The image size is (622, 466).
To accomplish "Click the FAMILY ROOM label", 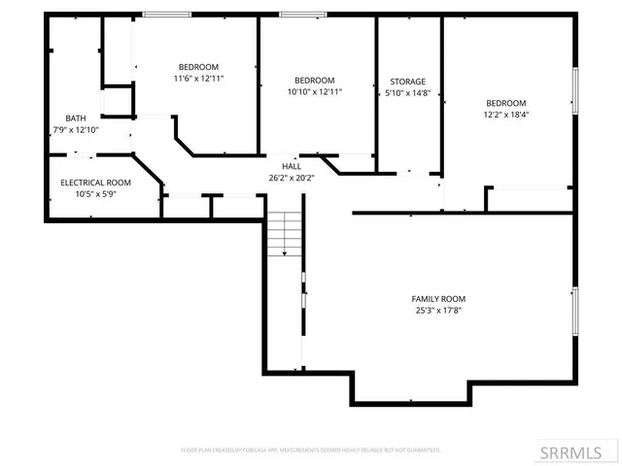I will (x=439, y=299).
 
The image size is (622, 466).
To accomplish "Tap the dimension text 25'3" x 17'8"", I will (x=439, y=312).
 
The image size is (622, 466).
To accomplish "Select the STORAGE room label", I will (x=407, y=82).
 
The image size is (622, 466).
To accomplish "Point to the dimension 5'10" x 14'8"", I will (x=407, y=93).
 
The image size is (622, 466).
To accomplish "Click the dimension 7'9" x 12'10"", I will (x=75, y=129).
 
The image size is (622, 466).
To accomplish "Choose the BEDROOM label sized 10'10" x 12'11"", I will (x=315, y=80).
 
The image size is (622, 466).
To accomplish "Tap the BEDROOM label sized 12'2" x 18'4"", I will (x=505, y=103).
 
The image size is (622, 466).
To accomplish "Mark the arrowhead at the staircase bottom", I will (x=284, y=254).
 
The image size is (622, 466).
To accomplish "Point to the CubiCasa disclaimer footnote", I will (x=311, y=450).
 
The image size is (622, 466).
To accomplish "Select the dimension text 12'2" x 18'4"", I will (x=505, y=115).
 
